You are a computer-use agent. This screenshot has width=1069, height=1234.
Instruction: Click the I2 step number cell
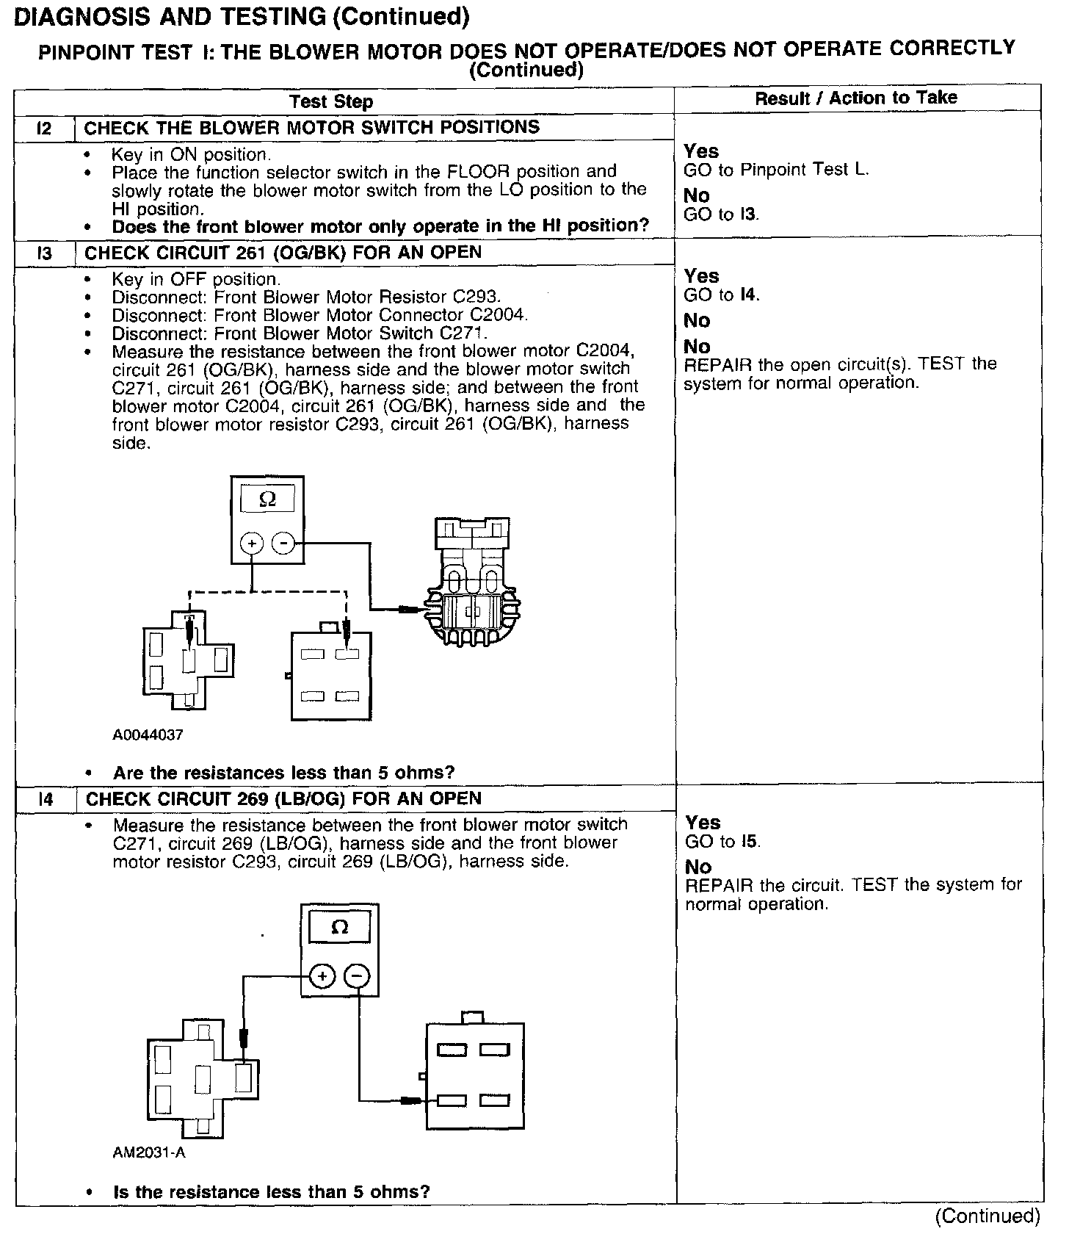click(44, 129)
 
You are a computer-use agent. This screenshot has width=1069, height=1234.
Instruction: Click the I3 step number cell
click(44, 254)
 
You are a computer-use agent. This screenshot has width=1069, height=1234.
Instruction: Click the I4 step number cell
click(46, 799)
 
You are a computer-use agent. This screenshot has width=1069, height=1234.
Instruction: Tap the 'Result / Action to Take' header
click(856, 98)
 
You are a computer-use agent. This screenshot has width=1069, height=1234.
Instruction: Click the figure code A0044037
click(148, 735)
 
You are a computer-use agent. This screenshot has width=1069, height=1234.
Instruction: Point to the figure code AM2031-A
click(149, 1152)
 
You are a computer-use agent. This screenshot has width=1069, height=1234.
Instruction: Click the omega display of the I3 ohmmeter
click(267, 500)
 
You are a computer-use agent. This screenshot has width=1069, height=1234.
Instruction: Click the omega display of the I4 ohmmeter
click(339, 927)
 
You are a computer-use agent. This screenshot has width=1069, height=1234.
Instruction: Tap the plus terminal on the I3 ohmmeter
click(252, 544)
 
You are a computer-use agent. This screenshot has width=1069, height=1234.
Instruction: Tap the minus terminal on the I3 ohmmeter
click(283, 544)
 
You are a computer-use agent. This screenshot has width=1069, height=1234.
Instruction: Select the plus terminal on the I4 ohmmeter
click(322, 976)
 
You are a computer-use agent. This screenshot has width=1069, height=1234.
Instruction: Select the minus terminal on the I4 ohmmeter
click(357, 976)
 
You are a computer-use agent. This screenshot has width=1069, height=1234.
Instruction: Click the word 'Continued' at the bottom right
click(988, 1216)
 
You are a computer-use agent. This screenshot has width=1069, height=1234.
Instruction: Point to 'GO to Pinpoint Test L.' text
click(776, 170)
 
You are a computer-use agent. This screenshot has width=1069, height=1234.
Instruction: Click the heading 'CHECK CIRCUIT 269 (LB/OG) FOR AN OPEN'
click(283, 799)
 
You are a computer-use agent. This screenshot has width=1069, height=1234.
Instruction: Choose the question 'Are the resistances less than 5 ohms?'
click(283, 773)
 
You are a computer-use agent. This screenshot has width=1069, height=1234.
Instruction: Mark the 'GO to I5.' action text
click(722, 842)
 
